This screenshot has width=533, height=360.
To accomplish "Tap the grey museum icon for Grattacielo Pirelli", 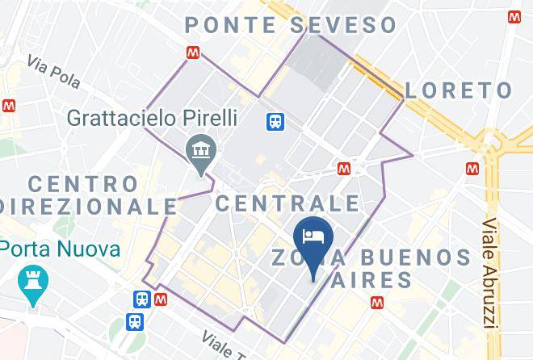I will (x=197, y=150).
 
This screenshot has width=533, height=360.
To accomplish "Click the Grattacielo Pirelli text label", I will (x=152, y=118).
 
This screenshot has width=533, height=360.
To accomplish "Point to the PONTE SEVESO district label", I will (x=291, y=24).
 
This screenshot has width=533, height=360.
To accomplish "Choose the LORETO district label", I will (x=458, y=90).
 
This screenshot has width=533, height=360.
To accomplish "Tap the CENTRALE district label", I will (x=287, y=202).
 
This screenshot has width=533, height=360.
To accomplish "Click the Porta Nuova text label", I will (x=60, y=248).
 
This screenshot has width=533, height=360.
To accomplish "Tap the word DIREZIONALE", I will (x=89, y=206).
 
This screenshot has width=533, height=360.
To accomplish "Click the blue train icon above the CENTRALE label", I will (x=275, y=121).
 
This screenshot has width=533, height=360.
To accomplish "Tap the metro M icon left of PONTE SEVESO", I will (x=192, y=52).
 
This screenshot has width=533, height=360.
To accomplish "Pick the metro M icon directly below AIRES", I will (x=376, y=303).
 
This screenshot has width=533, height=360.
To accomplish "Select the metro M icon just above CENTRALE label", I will (x=344, y=168).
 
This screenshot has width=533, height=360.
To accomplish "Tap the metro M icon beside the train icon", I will (x=161, y=299).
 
